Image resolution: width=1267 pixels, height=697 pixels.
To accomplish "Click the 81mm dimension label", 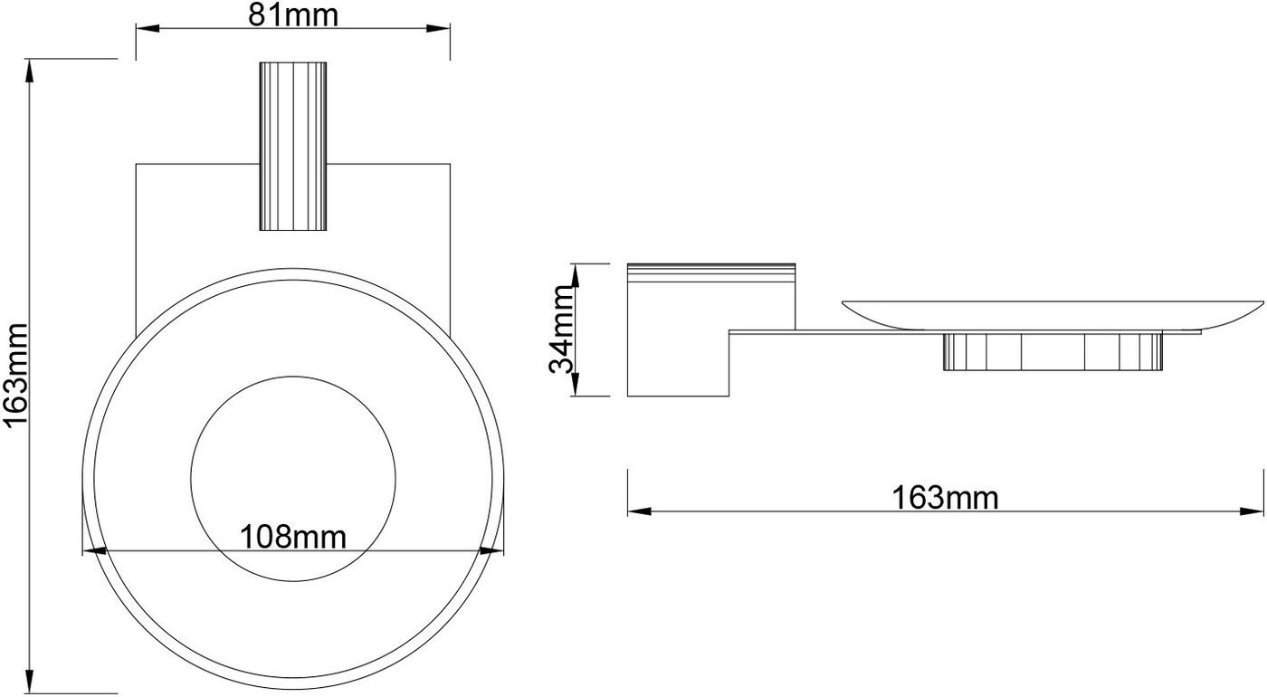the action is click(x=293, y=16).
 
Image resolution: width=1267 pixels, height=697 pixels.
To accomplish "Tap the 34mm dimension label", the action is click(x=562, y=329).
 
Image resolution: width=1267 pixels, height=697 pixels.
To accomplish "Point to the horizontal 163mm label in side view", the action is click(x=945, y=498).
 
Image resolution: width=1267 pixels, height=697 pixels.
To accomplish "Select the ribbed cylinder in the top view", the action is click(x=293, y=146).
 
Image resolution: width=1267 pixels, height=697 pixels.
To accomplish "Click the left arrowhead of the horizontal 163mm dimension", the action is click(x=639, y=511).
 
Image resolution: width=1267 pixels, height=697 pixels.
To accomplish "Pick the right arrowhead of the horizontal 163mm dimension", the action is click(x=1252, y=511).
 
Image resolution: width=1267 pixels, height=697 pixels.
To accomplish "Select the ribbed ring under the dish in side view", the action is click(x=1053, y=352).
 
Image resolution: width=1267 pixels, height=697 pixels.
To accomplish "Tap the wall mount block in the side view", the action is click(x=711, y=329).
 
